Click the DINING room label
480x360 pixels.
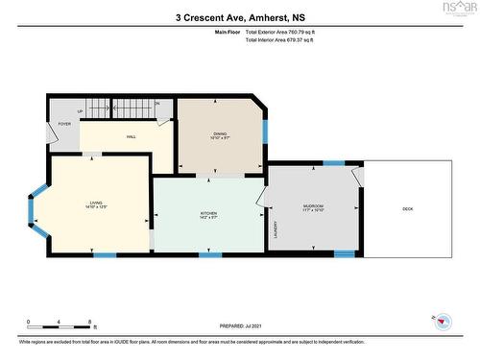(220, 134)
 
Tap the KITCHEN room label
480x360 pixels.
(208, 213)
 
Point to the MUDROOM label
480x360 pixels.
(314, 205)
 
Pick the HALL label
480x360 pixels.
(131, 136)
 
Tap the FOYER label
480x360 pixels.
(64, 124)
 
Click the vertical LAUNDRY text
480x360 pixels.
(275, 229)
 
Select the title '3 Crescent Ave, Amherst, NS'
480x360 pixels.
(239, 16)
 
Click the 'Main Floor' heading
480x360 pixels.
(227, 33)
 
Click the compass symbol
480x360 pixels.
(440, 321)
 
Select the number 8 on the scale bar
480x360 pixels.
(89, 321)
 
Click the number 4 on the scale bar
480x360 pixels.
(59, 321)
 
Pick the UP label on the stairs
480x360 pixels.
(80, 111)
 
